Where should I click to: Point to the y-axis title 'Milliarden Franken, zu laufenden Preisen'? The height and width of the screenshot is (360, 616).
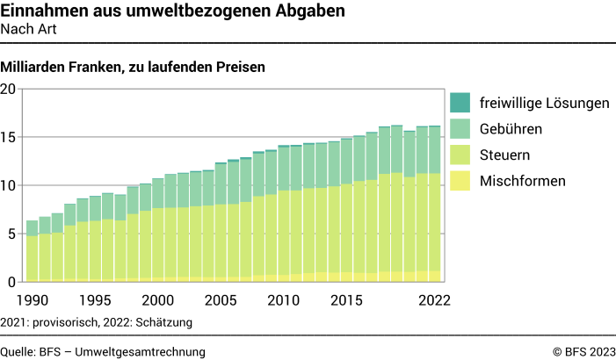pos(133,67)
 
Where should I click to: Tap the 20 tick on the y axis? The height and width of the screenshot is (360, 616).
pos(9,89)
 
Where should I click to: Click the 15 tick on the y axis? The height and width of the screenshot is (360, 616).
pos(9,137)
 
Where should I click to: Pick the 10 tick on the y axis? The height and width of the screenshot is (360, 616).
pos(9,185)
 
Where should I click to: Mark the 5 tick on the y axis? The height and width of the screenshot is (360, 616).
pos(12,234)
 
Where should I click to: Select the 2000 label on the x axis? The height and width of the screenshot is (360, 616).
pos(158,299)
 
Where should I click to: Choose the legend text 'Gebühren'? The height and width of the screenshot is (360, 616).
pos(511,129)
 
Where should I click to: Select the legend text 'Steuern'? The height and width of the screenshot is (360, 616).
pos(504,155)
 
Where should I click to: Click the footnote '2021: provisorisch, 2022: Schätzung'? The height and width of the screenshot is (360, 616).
pos(97,322)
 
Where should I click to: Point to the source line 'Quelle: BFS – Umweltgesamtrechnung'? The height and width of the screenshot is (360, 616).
pos(103,351)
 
